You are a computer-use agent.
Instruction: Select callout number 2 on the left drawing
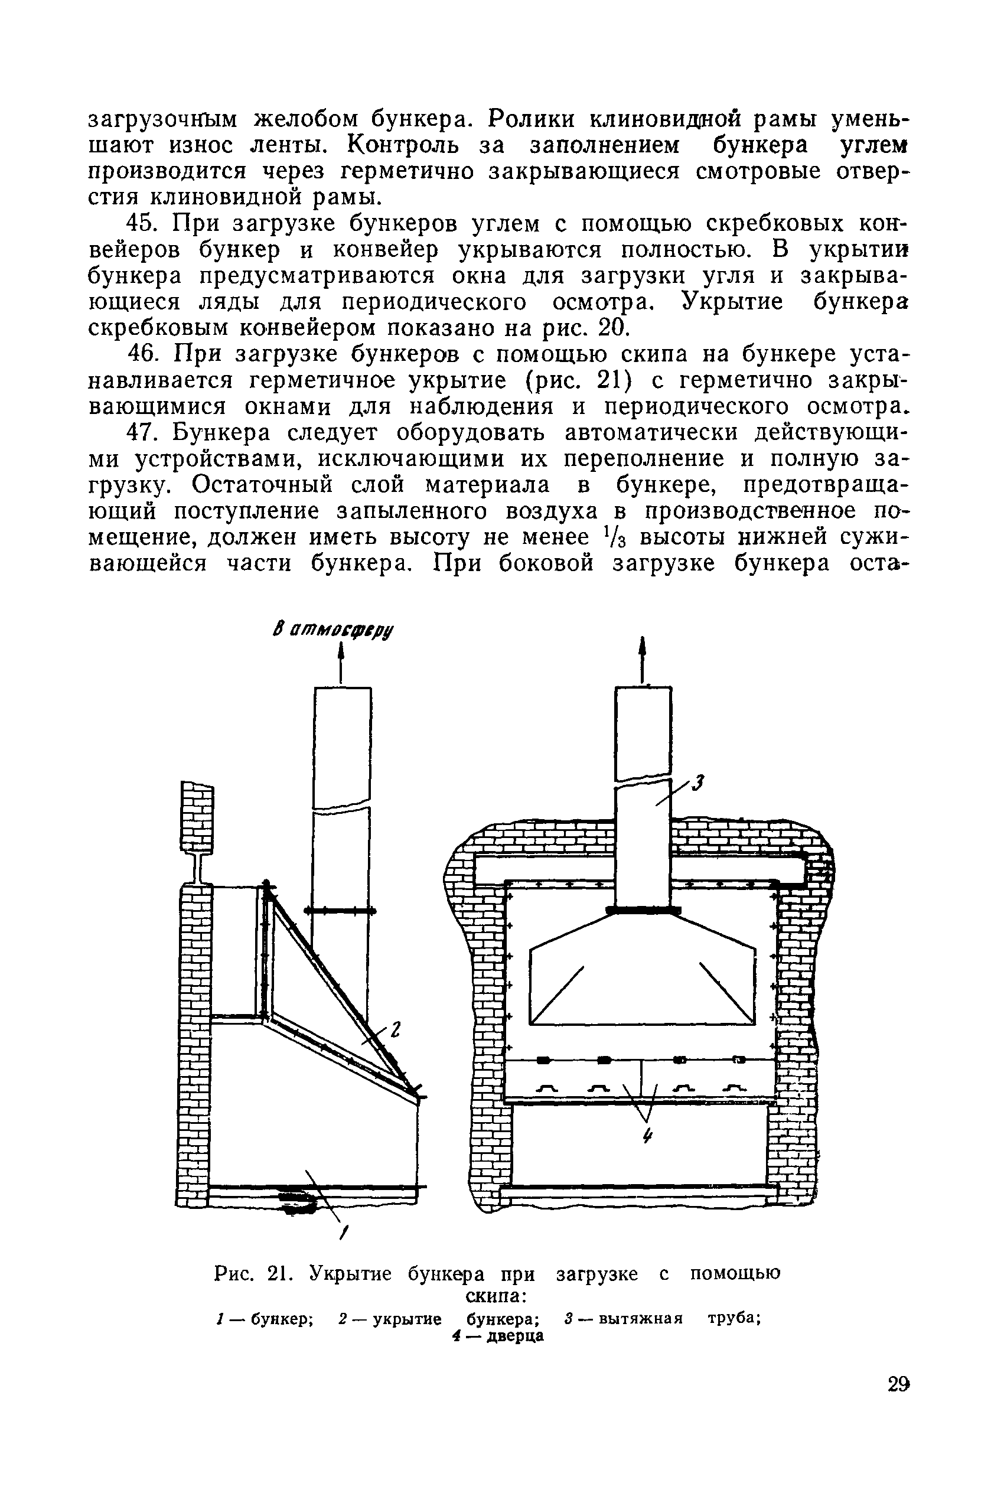pos(395,1031)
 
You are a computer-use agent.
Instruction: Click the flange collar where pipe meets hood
pos(642,910)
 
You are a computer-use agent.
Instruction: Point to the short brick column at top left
pos(198,817)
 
